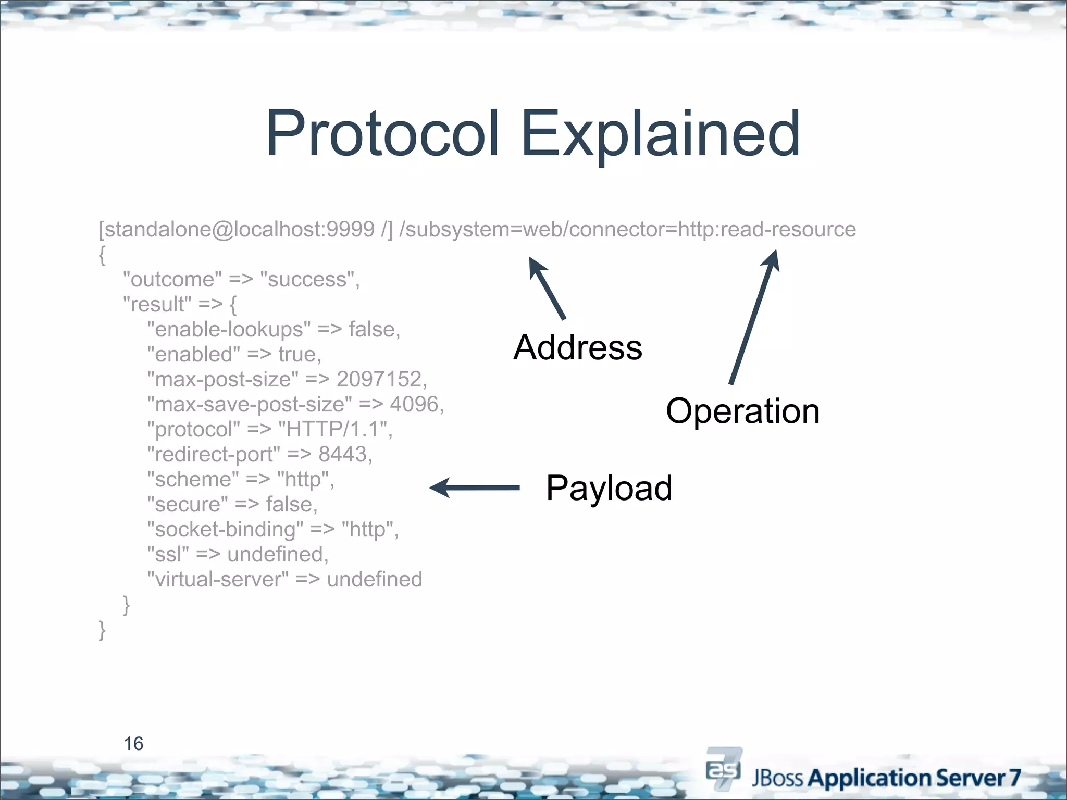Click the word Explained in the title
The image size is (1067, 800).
660,134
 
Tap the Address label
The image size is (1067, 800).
577,347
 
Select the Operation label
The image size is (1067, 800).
742,411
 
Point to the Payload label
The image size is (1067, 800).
609,488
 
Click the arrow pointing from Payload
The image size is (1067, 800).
474,488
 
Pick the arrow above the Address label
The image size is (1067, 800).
547,288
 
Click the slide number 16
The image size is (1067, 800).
133,744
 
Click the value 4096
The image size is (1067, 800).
414,404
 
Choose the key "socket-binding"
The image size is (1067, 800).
225,529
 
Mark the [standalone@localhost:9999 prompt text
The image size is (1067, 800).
237,230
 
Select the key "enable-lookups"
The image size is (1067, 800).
229,329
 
